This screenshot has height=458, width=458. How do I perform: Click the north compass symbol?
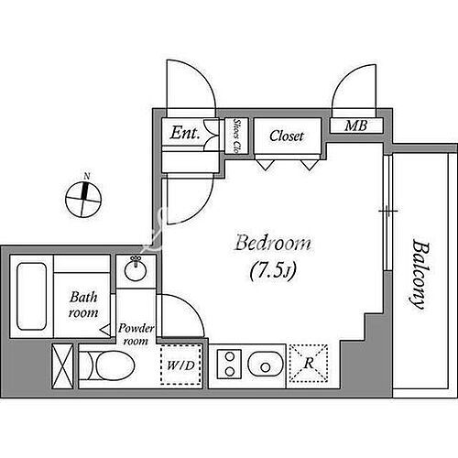(x=83, y=200)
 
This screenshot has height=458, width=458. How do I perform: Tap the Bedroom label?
(x=273, y=244)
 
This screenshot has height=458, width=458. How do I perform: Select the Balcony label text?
(x=419, y=274)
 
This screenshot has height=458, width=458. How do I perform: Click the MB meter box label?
(x=355, y=125)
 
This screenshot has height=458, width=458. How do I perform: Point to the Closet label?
(x=287, y=136)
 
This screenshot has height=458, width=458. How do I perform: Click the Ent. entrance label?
(x=185, y=133)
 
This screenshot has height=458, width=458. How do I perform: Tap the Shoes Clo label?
(x=236, y=136)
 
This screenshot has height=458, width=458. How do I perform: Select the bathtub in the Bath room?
(x=32, y=297)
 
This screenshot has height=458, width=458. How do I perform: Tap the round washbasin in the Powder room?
(x=136, y=269)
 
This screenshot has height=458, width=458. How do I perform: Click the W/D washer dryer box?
(x=180, y=365)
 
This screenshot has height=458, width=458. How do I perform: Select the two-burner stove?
(x=230, y=365)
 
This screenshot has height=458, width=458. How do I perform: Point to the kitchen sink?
(x=265, y=365)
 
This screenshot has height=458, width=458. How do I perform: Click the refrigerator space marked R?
(x=309, y=364)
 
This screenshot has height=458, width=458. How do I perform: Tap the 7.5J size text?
(x=273, y=271)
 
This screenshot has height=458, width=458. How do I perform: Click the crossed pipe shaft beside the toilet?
(x=62, y=366)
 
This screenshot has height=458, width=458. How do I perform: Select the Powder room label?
(x=136, y=334)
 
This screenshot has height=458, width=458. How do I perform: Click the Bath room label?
(x=83, y=305)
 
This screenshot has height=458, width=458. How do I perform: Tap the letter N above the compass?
(x=87, y=176)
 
